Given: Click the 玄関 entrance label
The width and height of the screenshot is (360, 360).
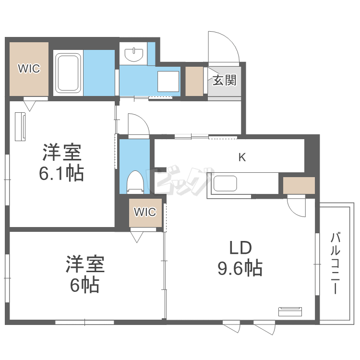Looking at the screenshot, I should [224, 80].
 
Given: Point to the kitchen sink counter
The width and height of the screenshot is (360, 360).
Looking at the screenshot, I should [225, 184].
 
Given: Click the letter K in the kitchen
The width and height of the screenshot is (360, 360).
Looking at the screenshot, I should [242, 157].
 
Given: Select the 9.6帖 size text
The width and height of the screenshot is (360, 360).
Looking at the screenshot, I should [240, 268].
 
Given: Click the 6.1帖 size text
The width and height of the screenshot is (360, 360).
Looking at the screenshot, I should [61, 173].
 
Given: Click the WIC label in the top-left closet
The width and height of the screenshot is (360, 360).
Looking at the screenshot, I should [29, 69].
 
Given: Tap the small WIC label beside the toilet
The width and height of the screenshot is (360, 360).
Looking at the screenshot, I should [144, 212].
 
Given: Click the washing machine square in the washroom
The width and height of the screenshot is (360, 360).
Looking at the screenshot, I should [168, 80].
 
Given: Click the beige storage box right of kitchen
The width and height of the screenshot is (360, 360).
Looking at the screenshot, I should [299, 185].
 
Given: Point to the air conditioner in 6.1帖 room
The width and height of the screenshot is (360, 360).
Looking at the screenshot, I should [21, 127].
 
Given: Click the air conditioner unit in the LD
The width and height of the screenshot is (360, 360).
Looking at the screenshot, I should [290, 311].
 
